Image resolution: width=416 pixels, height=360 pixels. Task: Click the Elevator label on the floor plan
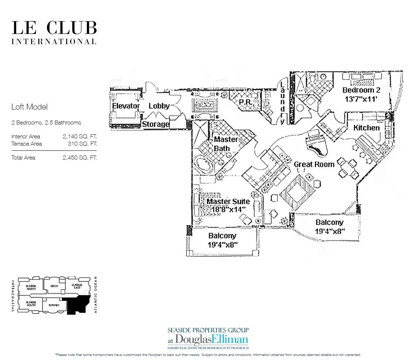click(126, 106)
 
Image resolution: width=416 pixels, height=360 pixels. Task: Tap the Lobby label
click(159, 106)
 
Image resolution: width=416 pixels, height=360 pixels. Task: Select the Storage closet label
click(155, 124)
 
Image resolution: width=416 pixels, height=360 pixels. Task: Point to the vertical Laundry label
click(282, 103)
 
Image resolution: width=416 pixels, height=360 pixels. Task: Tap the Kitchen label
click(366, 128)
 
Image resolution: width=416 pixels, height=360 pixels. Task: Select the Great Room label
click(314, 164)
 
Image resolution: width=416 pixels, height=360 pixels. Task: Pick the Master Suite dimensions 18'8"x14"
click(228, 210)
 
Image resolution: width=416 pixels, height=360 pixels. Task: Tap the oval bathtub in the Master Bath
click(205, 162)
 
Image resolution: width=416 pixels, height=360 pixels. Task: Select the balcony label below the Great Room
click(330, 226)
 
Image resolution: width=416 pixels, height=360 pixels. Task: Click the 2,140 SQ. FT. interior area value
click(80, 136)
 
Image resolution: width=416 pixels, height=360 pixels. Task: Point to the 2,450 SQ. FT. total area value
click(80, 158)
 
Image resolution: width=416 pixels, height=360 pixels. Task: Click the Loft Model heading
click(30, 107)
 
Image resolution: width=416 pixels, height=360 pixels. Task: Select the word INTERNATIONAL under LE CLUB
click(54, 42)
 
